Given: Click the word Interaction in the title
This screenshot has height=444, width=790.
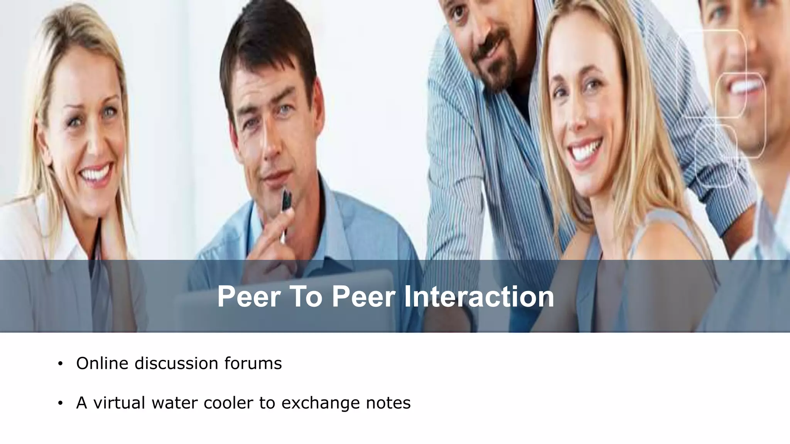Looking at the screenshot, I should [479, 296].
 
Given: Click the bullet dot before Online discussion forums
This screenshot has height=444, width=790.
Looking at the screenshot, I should [60, 364].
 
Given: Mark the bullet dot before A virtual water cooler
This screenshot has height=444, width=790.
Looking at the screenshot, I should [60, 404].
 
